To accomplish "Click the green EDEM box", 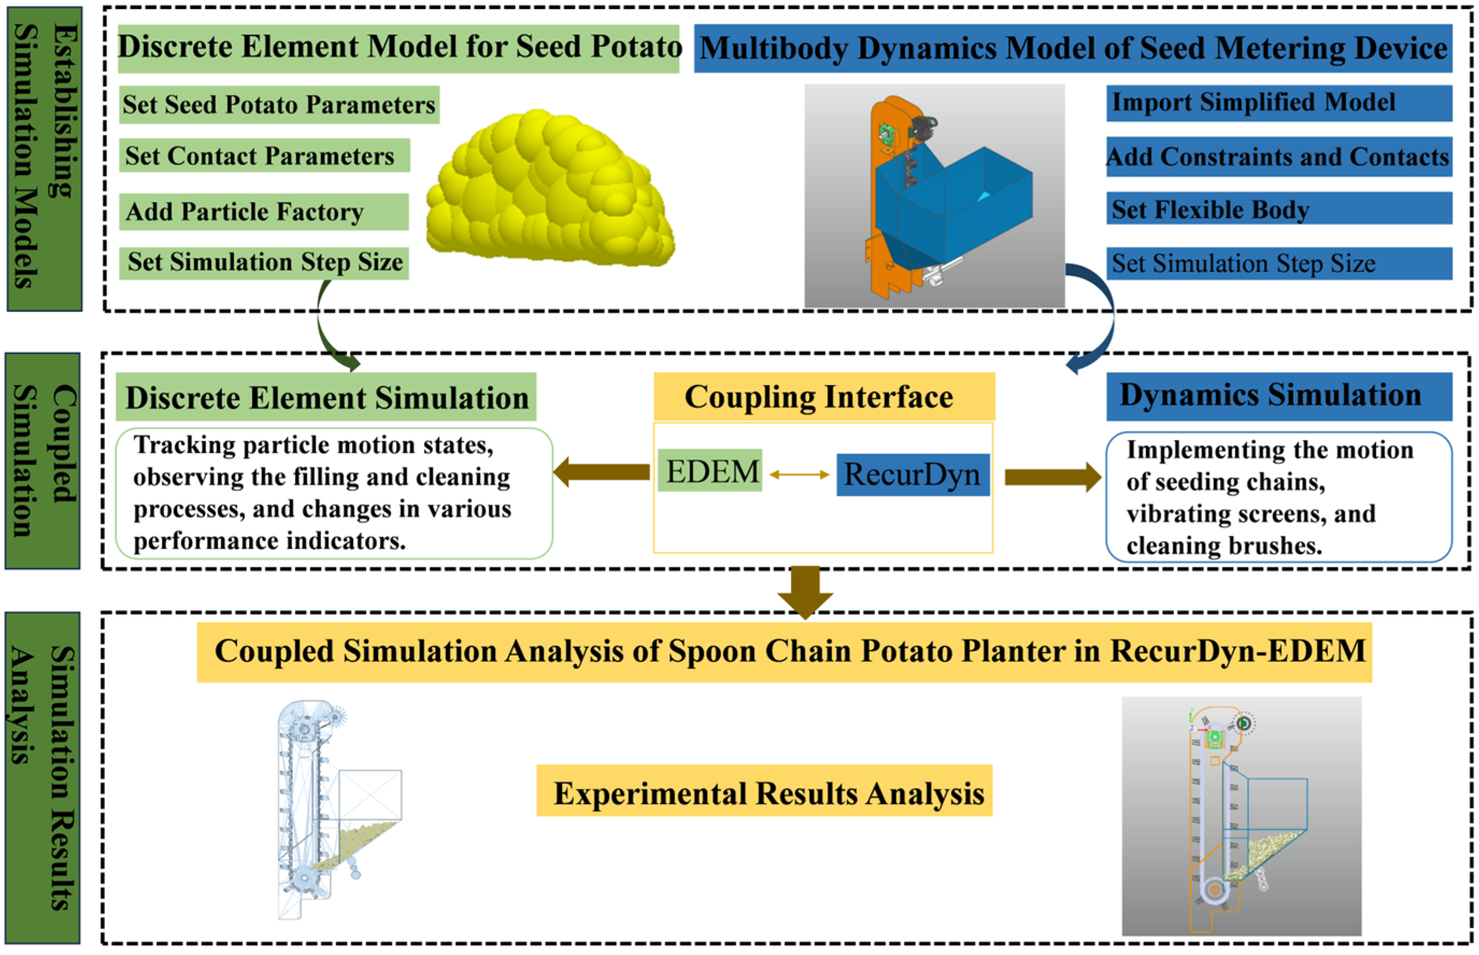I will pos(709,471).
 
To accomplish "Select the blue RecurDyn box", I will pos(912,474).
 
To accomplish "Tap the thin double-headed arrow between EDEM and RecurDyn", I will pos(798,474).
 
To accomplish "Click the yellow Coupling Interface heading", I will pos(823,396).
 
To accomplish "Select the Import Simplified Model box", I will pos(1277,103).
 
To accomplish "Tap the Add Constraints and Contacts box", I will pos(1277,156).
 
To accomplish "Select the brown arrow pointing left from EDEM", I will pos(601,472).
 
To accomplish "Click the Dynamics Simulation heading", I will pos(1277,396).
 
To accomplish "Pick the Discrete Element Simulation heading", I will pos(325,397).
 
